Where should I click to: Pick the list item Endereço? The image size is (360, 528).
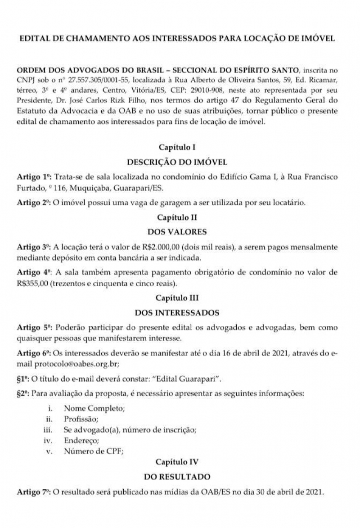point(81,440)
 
